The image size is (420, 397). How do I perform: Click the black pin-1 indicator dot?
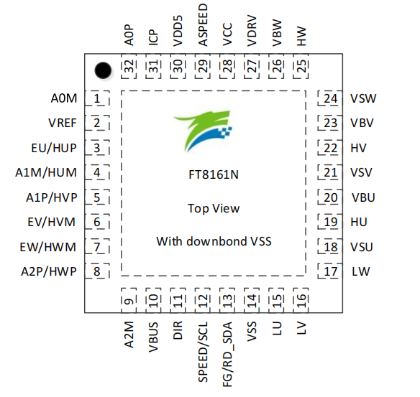coord(104,70)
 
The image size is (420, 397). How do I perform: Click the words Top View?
coord(214,208)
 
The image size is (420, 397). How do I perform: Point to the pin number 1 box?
coord(97,98)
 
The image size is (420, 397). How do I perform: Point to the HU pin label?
coord(359,223)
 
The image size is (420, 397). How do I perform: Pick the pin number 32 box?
coord(129,68)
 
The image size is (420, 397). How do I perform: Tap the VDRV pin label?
coord(252,32)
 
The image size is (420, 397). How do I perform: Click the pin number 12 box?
coord(204,301)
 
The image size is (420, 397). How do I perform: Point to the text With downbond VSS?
coord(214,241)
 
